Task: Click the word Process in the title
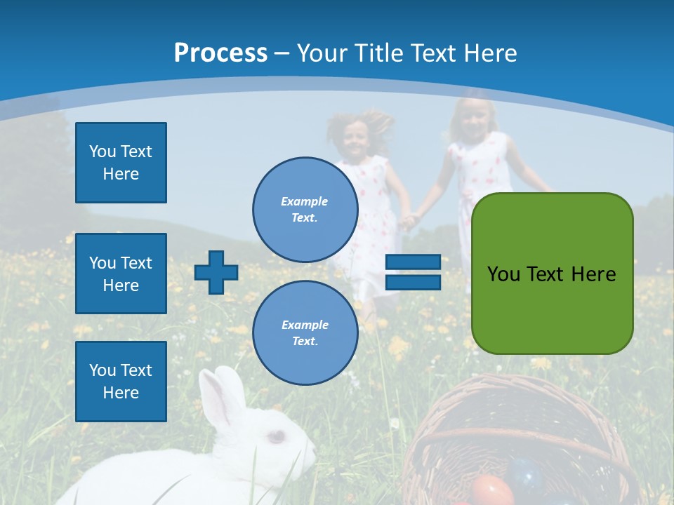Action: click(220, 53)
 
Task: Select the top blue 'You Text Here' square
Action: click(121, 163)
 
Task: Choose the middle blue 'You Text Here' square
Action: click(121, 274)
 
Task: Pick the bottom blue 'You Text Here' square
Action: click(121, 381)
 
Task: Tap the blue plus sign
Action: click(216, 272)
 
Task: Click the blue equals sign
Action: click(413, 272)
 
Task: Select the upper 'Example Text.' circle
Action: click(305, 209)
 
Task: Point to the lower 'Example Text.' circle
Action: click(305, 332)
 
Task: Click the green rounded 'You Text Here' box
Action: click(552, 274)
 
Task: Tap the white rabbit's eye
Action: click(277, 436)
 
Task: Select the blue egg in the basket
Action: click(527, 473)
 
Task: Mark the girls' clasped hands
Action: click(408, 221)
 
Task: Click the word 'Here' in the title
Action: click(490, 53)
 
